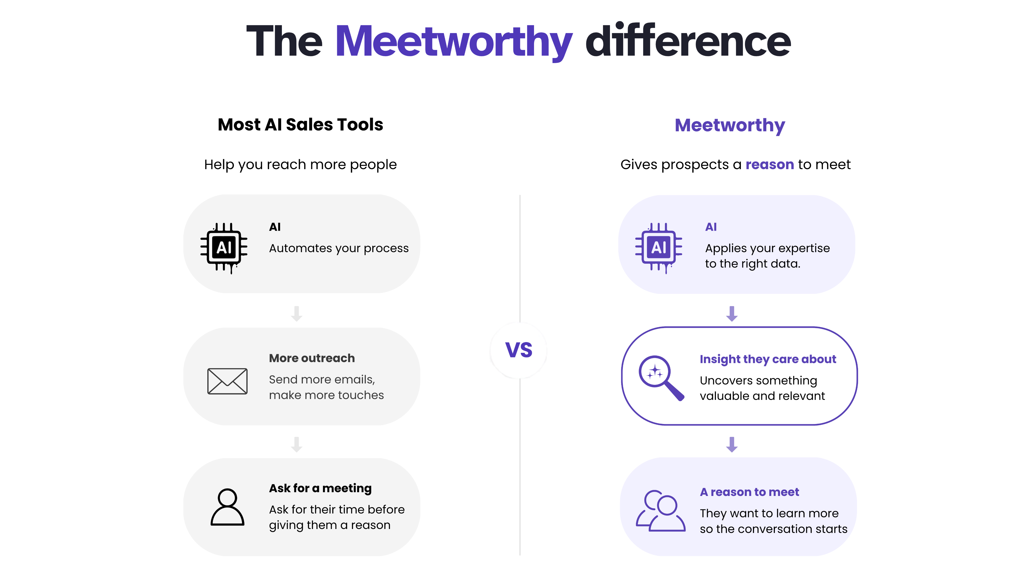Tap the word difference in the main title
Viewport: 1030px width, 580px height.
(x=688, y=40)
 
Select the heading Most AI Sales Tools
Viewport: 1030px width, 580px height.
(x=300, y=125)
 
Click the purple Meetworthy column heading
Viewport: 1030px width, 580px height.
(x=730, y=126)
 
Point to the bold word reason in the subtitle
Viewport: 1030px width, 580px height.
(x=770, y=165)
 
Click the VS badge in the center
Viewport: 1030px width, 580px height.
(x=518, y=350)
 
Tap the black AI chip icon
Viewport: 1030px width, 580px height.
(x=224, y=248)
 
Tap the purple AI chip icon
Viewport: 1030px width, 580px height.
(x=659, y=248)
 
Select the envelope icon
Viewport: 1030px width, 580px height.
(x=227, y=381)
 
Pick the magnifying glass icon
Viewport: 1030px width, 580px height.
(x=661, y=378)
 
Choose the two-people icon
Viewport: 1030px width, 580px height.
(x=661, y=511)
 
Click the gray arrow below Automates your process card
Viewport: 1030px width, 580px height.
(x=297, y=314)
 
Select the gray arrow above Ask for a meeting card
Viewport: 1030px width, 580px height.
(x=297, y=445)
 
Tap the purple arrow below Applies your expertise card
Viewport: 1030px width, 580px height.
(x=732, y=314)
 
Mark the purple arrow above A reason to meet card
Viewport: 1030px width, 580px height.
(x=732, y=445)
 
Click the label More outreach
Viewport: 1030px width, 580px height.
(x=312, y=358)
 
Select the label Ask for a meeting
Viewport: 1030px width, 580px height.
(x=320, y=488)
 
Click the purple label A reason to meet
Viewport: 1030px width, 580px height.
(x=749, y=492)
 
